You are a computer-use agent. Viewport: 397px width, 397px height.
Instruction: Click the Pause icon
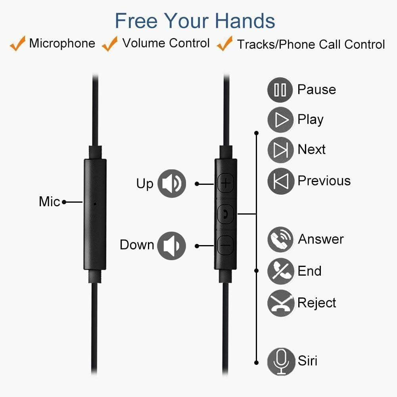[x=280, y=90]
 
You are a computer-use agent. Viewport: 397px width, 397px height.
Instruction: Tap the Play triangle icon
[x=280, y=120]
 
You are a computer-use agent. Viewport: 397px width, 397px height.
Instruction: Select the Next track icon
[x=280, y=150]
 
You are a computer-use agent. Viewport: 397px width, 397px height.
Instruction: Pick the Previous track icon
[x=280, y=181]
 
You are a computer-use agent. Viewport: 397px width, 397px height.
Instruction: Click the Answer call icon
[x=280, y=239]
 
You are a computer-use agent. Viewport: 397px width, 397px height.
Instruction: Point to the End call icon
[x=280, y=271]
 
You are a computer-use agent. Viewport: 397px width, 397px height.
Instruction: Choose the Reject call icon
[x=280, y=303]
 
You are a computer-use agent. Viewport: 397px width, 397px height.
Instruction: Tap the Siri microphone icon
[x=280, y=361]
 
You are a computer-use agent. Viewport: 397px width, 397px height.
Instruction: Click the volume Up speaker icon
[x=172, y=183]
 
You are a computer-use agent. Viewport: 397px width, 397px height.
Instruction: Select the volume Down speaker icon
[x=172, y=245]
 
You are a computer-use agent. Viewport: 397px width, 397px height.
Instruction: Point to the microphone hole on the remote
[x=95, y=204]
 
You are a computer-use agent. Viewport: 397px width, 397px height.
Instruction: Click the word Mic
[x=50, y=201]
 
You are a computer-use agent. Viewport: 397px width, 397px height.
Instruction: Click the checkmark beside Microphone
[x=18, y=44]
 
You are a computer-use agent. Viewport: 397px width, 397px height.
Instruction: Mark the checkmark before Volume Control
[x=110, y=44]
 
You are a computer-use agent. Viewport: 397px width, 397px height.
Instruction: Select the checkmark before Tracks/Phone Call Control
[x=224, y=44]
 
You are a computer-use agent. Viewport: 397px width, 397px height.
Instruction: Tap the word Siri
[x=307, y=361]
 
